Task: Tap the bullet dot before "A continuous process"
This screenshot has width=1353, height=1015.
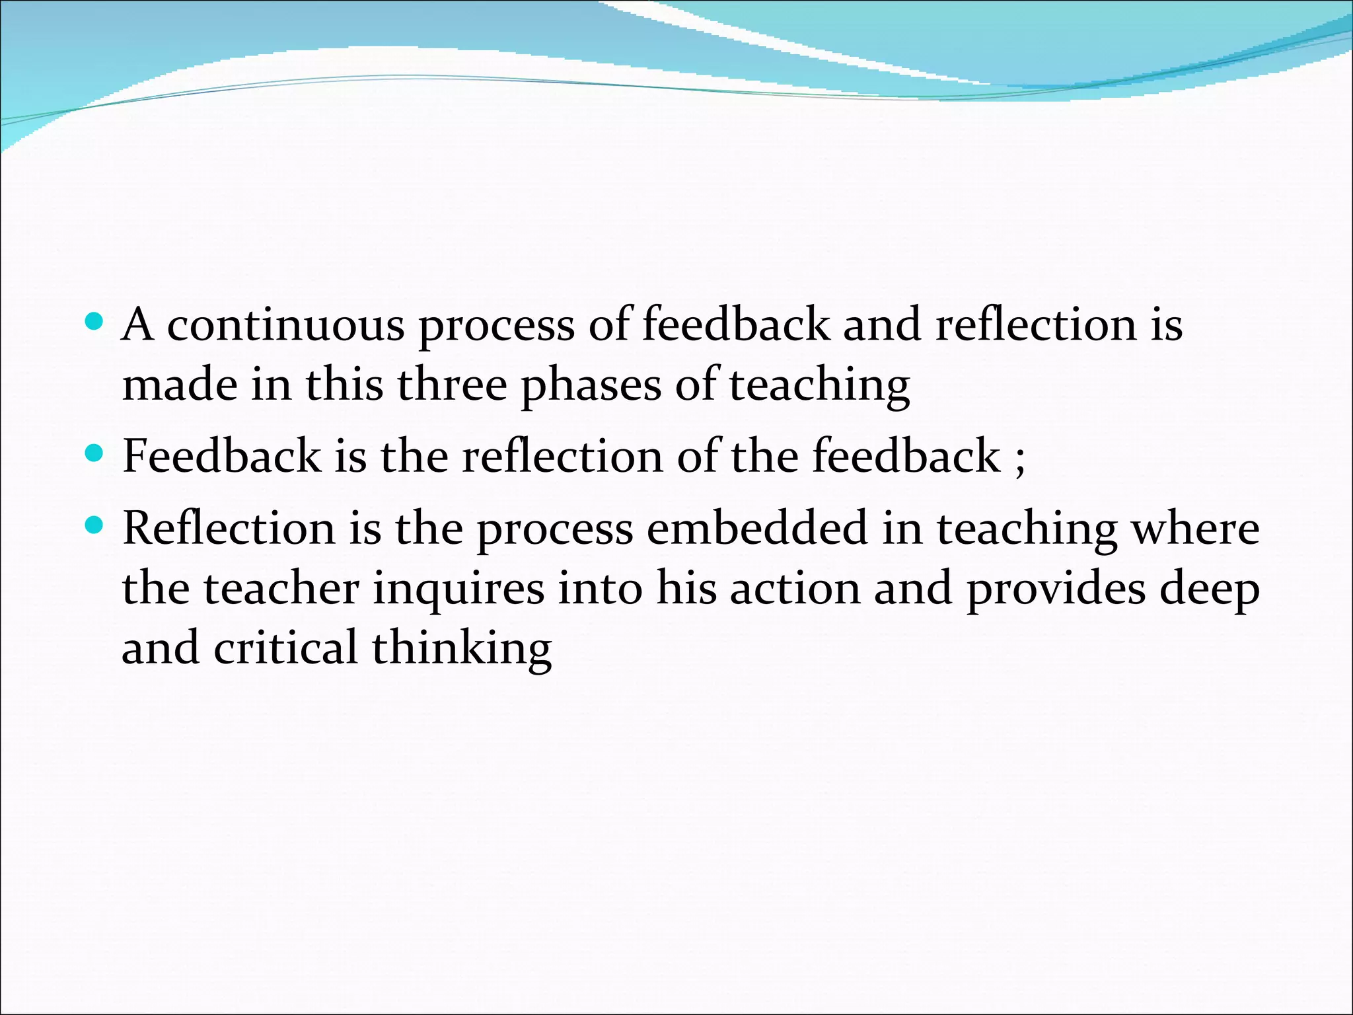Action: pyautogui.click(x=95, y=322)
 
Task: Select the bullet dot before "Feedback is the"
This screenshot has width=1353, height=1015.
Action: pyautogui.click(x=95, y=453)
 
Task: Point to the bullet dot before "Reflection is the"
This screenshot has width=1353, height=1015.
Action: pyautogui.click(x=95, y=526)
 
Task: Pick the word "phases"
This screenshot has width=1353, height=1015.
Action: pyautogui.click(x=591, y=386)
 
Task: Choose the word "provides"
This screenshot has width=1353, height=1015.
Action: pyautogui.click(x=1056, y=589)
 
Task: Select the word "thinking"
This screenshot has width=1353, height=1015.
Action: pyautogui.click(x=461, y=649)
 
